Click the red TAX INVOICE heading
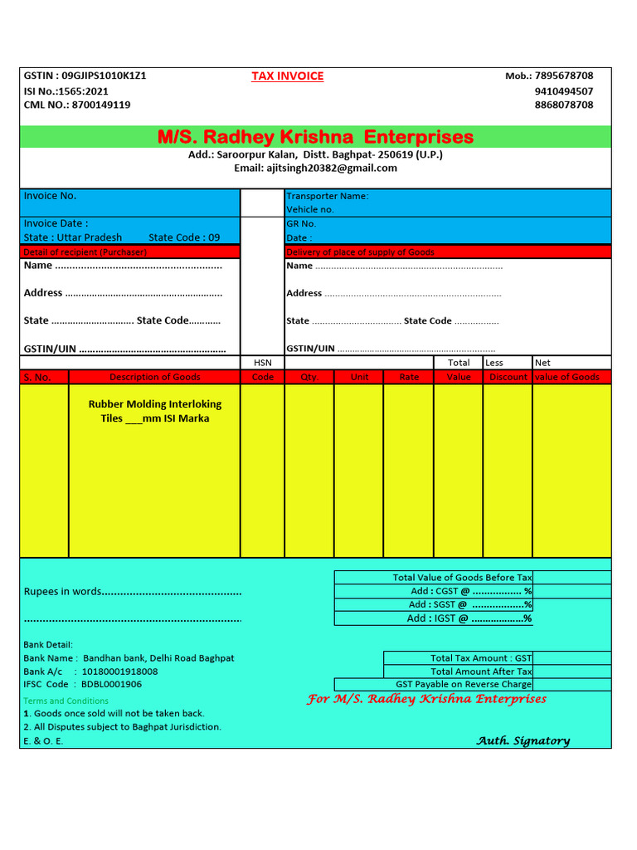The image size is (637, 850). [287, 76]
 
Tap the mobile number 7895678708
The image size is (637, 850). [564, 76]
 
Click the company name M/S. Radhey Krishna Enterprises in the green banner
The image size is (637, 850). [315, 137]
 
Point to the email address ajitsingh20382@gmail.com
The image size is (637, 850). [332, 168]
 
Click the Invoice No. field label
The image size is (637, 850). [50, 196]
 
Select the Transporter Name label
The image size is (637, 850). [327, 196]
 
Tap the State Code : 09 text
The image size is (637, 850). [184, 237]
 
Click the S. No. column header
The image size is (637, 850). [37, 377]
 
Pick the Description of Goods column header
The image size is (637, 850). [155, 377]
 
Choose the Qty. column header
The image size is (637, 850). [309, 377]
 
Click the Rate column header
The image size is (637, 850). [409, 377]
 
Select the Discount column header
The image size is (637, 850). [508, 377]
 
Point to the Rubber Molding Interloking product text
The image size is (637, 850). [155, 404]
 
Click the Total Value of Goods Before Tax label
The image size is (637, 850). [462, 578]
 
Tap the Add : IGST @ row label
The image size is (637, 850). [469, 618]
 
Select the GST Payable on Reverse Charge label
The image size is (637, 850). [464, 685]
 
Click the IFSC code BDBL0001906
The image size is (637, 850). [111, 685]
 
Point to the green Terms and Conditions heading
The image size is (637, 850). [66, 701]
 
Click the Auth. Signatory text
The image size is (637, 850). [523, 740]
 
